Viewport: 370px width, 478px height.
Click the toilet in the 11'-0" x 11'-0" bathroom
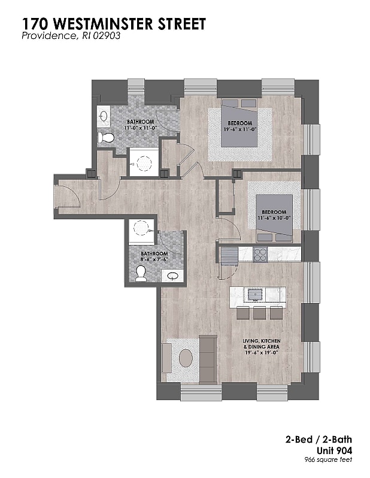click(x=106, y=138)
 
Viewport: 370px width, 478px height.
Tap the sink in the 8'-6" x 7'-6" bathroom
click(x=172, y=276)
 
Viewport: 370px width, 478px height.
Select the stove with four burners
click(x=260, y=255)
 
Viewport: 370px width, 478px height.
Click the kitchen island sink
click(x=254, y=294)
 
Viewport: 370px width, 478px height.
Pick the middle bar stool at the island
click(x=259, y=313)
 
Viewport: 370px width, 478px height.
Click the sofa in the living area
click(x=208, y=359)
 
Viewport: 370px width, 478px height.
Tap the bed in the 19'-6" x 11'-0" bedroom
click(x=239, y=123)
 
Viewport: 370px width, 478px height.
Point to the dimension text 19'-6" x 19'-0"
click(x=262, y=353)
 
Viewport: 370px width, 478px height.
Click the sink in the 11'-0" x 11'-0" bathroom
click(x=104, y=116)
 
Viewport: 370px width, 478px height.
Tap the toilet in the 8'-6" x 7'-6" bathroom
click(x=141, y=274)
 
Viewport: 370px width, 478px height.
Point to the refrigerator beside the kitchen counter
click(x=229, y=256)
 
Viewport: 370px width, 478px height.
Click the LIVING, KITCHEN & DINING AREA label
click(x=262, y=344)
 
